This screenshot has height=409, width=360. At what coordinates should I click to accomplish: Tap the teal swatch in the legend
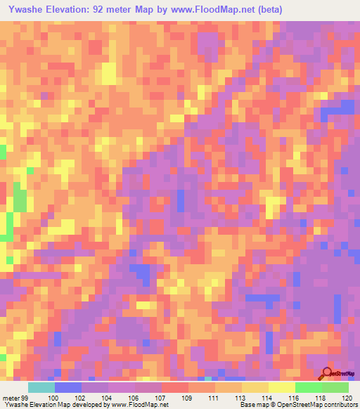pos(41,387)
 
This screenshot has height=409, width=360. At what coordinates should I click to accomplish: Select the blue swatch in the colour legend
pos(68,387)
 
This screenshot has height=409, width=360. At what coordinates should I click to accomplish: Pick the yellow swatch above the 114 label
pos(255,387)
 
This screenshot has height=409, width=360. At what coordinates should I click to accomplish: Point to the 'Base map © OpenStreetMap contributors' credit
pos(297,405)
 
